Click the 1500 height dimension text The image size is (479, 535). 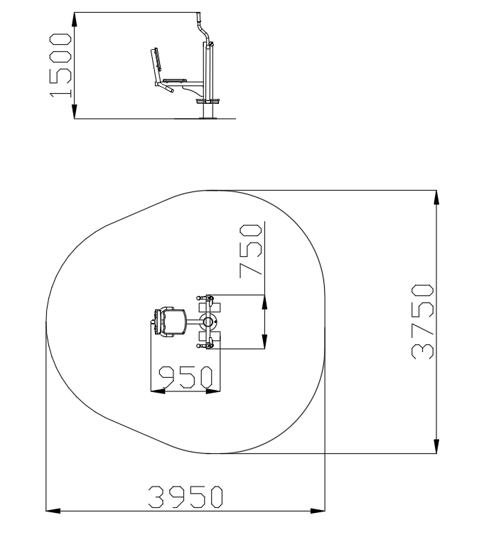pos(60,65)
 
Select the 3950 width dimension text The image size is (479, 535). pos(185,497)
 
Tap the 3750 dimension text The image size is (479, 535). pos(422,322)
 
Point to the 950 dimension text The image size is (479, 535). pos(185,377)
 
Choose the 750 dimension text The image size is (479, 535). pos(251,250)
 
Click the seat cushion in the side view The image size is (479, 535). pos(175,80)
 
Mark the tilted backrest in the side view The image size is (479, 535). pos(156,64)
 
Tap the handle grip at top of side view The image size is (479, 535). pos(198,17)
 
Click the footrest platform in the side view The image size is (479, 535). pos(208,101)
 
